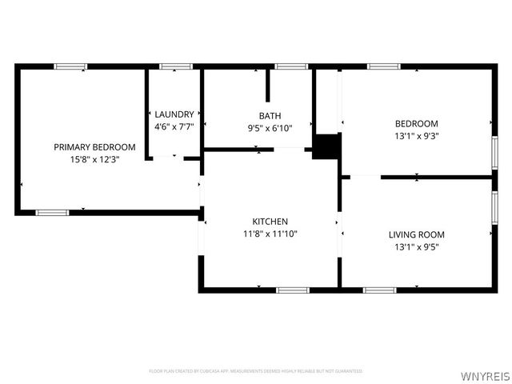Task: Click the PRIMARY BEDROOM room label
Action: [x=94, y=147]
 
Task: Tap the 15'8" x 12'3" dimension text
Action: [x=94, y=159]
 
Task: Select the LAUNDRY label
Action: [x=174, y=114]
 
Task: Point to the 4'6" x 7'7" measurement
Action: [x=174, y=126]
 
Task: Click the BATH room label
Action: [x=270, y=116]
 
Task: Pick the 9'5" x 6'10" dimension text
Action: [x=270, y=128]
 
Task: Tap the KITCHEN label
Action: [x=270, y=222]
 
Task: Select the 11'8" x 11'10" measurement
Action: [x=270, y=234]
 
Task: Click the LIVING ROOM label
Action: [x=416, y=234]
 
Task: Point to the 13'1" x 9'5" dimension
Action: [x=416, y=246]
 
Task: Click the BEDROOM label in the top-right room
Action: [x=416, y=123]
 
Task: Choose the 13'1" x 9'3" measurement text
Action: [x=416, y=135]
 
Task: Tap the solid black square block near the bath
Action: [x=326, y=147]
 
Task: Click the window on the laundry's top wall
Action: [x=175, y=66]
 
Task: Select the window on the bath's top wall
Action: [x=290, y=66]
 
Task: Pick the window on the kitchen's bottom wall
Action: [x=293, y=289]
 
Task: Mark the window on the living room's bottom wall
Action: [x=380, y=289]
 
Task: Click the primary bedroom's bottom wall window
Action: [x=52, y=212]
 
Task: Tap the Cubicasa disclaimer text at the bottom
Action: [x=256, y=371]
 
